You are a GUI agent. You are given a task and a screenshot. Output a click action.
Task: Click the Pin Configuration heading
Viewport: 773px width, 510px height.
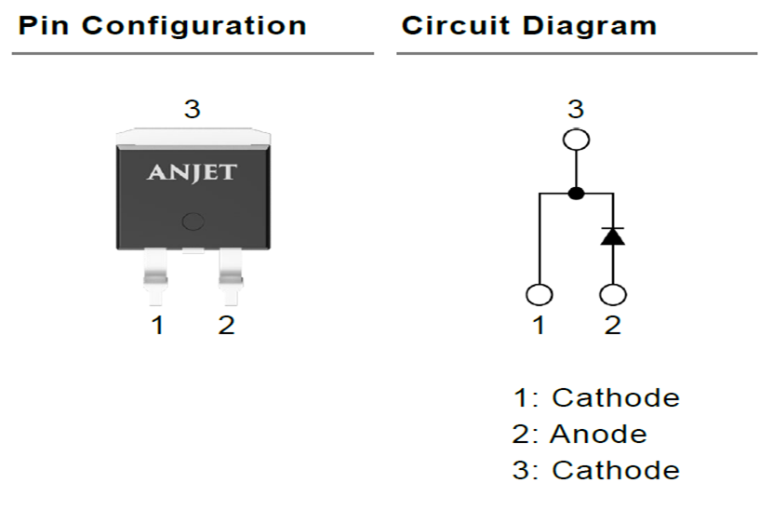tap(162, 25)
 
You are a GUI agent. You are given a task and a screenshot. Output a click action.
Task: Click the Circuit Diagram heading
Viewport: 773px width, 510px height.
tap(528, 25)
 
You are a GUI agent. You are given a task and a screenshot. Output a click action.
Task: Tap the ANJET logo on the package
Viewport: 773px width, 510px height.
tap(193, 172)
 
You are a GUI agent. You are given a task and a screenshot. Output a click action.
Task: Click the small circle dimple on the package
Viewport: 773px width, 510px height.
tap(193, 221)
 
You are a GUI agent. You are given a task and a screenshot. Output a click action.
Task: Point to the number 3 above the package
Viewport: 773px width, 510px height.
tap(192, 110)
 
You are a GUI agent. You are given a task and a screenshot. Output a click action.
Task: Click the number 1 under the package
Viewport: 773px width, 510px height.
tap(158, 326)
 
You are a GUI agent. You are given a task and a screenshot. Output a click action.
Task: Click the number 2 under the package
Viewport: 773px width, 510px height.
tap(226, 326)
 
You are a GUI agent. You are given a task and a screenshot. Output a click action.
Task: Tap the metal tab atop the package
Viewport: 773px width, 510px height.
tap(193, 136)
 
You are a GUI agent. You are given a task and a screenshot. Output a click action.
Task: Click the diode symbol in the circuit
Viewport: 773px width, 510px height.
tap(612, 235)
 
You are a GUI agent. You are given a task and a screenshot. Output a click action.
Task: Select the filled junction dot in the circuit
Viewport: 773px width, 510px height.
tap(576, 194)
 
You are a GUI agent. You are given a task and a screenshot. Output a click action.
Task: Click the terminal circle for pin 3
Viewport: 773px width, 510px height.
tap(576, 141)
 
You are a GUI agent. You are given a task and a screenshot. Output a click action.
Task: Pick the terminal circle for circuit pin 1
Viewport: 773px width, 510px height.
tap(540, 295)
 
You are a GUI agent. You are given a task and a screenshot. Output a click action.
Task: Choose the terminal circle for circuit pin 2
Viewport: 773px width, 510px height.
tap(612, 295)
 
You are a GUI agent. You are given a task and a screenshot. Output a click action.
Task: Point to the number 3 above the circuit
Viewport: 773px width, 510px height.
tap(576, 110)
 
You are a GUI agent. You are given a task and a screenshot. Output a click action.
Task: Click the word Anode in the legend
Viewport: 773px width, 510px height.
tap(598, 434)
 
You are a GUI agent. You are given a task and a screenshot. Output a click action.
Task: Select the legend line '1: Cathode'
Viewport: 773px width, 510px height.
tap(596, 397)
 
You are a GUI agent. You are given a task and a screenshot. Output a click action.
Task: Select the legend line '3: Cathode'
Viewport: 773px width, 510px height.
tap(596, 470)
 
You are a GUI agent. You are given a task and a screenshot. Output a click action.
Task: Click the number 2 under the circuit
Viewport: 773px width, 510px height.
tap(612, 327)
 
